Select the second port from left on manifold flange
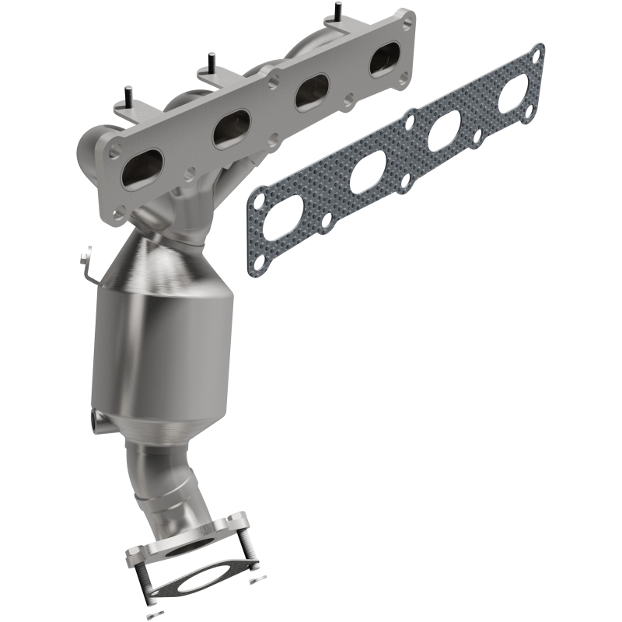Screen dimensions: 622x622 231,127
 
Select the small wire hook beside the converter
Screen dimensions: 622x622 88,264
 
